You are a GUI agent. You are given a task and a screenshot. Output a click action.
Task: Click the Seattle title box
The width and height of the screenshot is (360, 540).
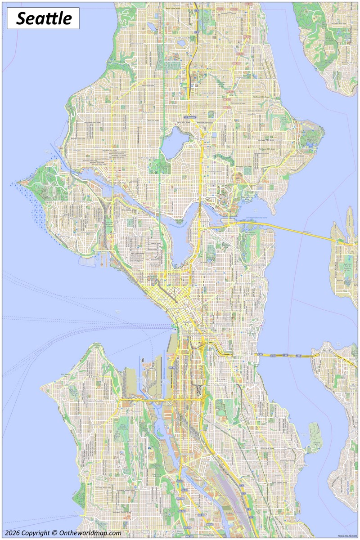click(x=43, y=18)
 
